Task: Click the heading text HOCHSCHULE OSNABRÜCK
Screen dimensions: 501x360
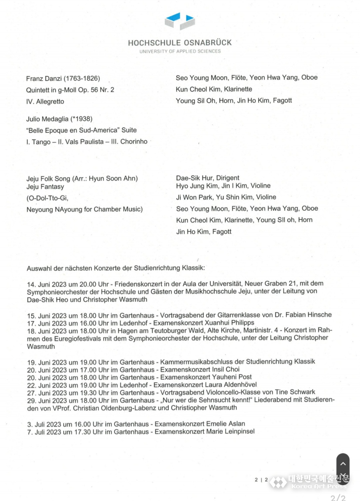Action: pyautogui.click(x=180, y=42)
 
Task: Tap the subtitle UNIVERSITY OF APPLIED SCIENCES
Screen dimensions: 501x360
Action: pyautogui.click(x=180, y=51)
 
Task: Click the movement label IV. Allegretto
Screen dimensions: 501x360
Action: pyautogui.click(x=45, y=101)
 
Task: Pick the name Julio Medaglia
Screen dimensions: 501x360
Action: pyautogui.click(x=47, y=119)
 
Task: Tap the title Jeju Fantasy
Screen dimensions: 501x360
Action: pyautogui.click(x=46, y=186)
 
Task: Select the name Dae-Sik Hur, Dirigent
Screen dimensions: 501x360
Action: pyautogui.click(x=208, y=178)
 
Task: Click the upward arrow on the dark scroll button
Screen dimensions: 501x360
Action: pyautogui.click(x=343, y=463)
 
